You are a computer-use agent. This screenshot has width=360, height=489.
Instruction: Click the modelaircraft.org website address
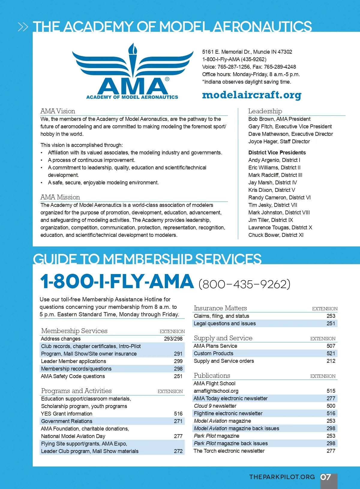252,95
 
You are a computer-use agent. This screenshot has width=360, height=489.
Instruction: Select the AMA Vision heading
58,111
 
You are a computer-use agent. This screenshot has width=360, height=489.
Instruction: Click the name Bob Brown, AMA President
279,119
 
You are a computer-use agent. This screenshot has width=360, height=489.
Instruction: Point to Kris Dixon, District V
271,190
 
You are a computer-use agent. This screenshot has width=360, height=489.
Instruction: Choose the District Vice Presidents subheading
277,153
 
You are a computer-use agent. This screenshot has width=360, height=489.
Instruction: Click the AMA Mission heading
60,197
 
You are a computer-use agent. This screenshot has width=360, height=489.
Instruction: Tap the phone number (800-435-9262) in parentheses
244,284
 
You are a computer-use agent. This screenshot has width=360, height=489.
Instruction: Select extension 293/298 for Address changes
173,339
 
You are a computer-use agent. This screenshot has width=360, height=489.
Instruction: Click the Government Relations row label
67,421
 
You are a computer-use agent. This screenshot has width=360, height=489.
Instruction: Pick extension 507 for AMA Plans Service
331,346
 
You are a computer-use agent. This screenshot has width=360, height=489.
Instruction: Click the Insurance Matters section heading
220,308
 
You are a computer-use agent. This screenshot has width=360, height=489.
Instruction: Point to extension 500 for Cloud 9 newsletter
331,406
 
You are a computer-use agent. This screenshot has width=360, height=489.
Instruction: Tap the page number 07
326,477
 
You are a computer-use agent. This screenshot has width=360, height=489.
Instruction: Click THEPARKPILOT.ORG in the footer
282,477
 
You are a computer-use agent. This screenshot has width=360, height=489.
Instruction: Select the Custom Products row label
213,353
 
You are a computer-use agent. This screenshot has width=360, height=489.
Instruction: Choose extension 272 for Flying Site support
178,451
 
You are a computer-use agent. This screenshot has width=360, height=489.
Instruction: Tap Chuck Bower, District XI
276,235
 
